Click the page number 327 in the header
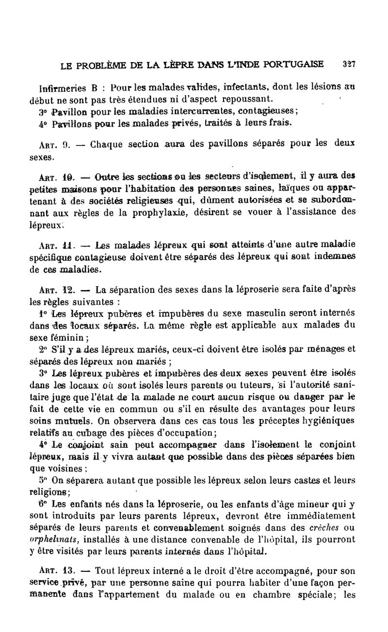pos(349,63)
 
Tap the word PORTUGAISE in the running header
pos(298,63)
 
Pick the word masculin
pos(260,314)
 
